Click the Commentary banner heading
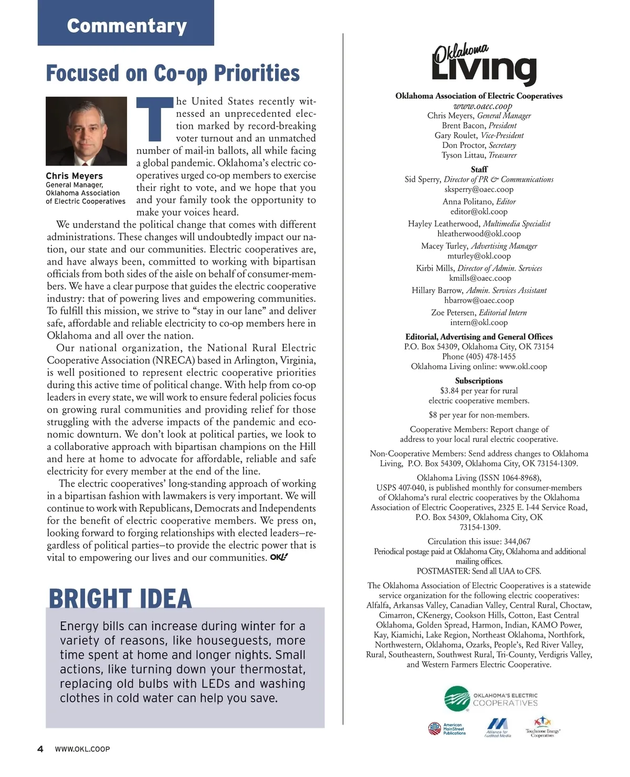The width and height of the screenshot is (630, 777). (x=127, y=26)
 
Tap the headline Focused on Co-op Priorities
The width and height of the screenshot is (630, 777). (x=173, y=73)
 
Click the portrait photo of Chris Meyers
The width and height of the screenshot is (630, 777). (x=86, y=131)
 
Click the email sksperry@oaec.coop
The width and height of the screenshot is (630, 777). (x=479, y=189)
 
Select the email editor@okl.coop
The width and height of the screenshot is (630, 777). (x=479, y=212)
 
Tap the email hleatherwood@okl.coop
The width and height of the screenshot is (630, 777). (x=479, y=234)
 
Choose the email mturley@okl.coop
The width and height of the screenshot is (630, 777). (x=479, y=256)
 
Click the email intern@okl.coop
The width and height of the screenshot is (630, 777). (x=479, y=322)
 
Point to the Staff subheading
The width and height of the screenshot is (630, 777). (x=479, y=169)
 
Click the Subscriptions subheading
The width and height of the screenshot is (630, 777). (x=479, y=381)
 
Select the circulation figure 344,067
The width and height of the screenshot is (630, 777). (x=517, y=541)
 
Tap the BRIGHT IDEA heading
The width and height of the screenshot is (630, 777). (x=120, y=598)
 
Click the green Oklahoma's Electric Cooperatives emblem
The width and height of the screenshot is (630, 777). (x=457, y=699)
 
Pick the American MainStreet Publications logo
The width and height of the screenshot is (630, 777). (x=447, y=729)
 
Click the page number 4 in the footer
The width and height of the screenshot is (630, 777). (x=40, y=749)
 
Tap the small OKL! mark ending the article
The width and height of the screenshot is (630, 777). (x=279, y=557)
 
